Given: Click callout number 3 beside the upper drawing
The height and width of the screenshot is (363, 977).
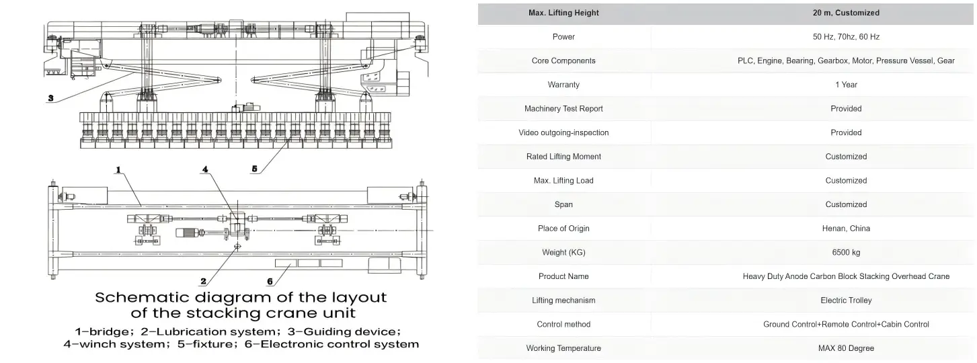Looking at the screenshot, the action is click(50, 98).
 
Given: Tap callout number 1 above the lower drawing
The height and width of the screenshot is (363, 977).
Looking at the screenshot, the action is click(118, 169).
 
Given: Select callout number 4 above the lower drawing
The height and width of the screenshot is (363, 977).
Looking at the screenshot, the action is click(205, 169).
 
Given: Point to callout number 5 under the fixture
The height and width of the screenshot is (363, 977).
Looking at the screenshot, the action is click(254, 169).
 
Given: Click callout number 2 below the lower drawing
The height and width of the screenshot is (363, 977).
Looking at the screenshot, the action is click(203, 282).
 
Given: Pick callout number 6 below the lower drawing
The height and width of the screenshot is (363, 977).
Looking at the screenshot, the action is click(270, 282).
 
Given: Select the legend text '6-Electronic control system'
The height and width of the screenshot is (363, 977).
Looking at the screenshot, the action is click(331, 344).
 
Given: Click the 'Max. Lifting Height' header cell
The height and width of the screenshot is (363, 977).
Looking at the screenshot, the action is click(563, 13).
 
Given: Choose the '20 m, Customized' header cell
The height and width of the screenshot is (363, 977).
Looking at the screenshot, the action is click(846, 13).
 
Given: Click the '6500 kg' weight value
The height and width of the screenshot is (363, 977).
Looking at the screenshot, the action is click(846, 253).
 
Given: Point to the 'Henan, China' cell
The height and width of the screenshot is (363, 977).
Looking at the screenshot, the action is click(846, 229).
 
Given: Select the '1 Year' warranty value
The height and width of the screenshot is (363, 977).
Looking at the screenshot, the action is click(846, 85).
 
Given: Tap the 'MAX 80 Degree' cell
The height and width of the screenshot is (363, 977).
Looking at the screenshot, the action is click(846, 348).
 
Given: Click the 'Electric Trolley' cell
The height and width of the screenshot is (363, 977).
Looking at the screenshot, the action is click(846, 300).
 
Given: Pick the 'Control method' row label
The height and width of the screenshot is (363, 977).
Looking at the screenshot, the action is click(563, 324).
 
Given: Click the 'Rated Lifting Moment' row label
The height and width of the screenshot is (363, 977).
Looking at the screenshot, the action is click(563, 157).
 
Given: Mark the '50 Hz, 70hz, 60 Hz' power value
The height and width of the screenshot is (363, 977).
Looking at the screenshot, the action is click(846, 37).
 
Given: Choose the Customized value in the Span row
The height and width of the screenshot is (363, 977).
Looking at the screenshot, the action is click(846, 204).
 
